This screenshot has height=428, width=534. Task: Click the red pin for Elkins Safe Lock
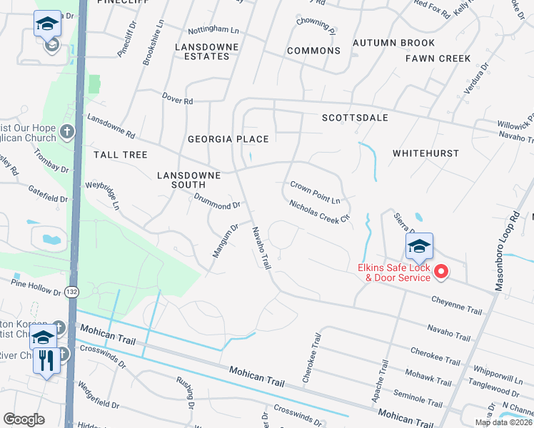[x=440, y=271]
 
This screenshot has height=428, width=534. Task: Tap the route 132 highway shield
[x=71, y=292]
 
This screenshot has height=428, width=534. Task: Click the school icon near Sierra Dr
[x=418, y=248]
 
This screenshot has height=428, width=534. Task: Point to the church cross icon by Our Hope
[x=66, y=132]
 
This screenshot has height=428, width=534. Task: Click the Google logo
[x=24, y=419]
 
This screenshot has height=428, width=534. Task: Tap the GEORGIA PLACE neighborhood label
[x=228, y=139]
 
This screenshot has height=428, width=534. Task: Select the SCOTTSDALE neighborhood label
[x=355, y=118]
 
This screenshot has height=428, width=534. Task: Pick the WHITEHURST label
[x=425, y=153]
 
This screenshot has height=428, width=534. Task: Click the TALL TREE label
[x=120, y=155]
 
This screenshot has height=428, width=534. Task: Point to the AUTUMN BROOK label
[x=393, y=43]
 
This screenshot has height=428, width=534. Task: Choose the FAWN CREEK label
[x=438, y=58]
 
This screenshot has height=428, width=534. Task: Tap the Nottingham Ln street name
[x=213, y=31]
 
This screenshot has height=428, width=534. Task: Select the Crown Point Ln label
[x=314, y=192]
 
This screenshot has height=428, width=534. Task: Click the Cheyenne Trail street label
[x=457, y=305]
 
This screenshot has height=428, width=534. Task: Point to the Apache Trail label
[x=379, y=382]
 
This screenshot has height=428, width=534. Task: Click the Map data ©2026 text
[x=503, y=422]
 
